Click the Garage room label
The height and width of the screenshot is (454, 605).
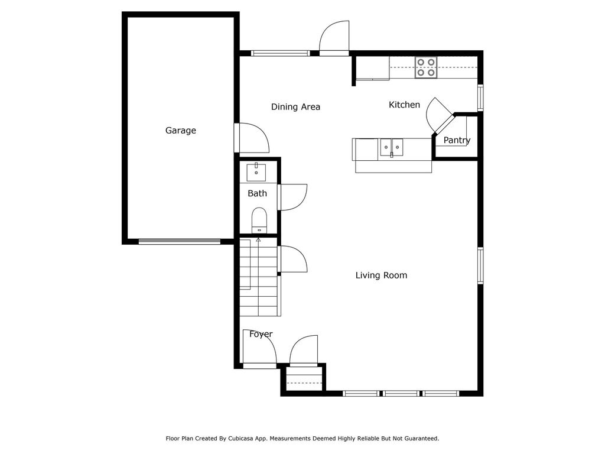click(180, 131)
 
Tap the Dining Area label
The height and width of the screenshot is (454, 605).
click(295, 107)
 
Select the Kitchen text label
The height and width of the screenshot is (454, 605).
click(404, 105)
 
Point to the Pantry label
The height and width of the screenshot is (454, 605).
click(457, 140)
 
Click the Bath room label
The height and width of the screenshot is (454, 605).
click(257, 193)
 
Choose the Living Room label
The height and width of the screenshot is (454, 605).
click(381, 275)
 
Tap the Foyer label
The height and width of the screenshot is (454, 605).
click(261, 334)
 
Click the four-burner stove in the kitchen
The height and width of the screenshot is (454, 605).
click(425, 67)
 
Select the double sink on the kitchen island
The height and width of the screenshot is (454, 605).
click(391, 146)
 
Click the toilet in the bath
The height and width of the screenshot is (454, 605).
click(259, 219)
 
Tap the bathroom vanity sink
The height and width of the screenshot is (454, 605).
click(256, 172)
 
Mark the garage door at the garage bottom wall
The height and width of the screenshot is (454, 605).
click(179, 241)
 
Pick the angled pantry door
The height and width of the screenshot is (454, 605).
click(439, 114)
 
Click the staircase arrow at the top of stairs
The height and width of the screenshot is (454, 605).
click(258, 240)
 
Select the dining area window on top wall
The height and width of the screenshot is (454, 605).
click(280, 53)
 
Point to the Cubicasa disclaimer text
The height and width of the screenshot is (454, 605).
click(302, 439)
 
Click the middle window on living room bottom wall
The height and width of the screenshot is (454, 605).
click(401, 393)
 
